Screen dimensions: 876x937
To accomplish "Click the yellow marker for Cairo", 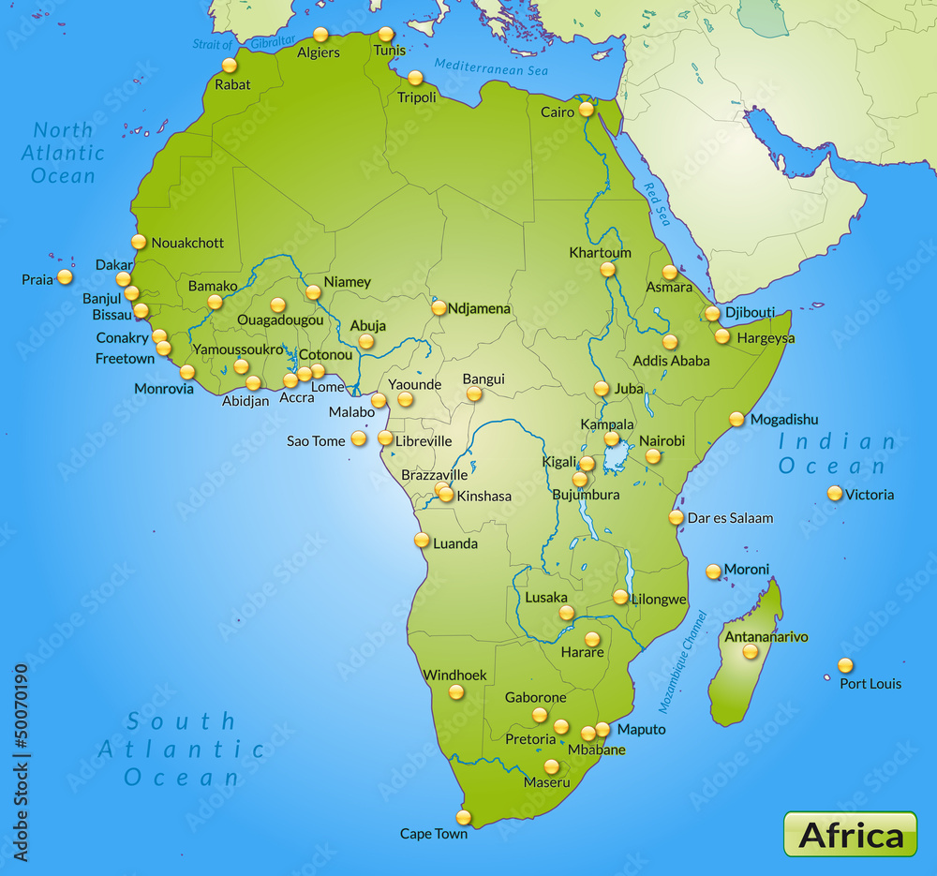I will point(587,109).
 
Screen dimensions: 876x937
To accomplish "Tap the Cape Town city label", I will point(434,833).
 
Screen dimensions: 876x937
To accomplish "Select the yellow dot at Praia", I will point(65,276).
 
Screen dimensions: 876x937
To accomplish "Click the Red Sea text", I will point(658,203).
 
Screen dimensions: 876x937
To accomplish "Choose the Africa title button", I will point(851,834).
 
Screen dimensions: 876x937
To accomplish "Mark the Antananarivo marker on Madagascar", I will point(751,651).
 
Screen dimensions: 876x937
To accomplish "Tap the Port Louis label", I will point(870,683).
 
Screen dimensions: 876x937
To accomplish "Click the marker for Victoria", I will point(835,493).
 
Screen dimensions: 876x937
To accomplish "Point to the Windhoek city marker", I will point(456,692).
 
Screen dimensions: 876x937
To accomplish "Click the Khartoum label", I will point(601,253).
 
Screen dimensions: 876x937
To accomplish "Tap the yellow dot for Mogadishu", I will point(737,419).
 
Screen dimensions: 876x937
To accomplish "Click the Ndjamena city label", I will point(480,308).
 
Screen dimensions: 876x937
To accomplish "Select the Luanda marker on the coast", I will point(423,540).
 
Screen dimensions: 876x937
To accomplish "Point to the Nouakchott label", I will point(187,243).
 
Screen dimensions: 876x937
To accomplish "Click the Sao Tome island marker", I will point(359,438).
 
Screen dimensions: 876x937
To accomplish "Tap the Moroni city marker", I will point(714,571).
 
